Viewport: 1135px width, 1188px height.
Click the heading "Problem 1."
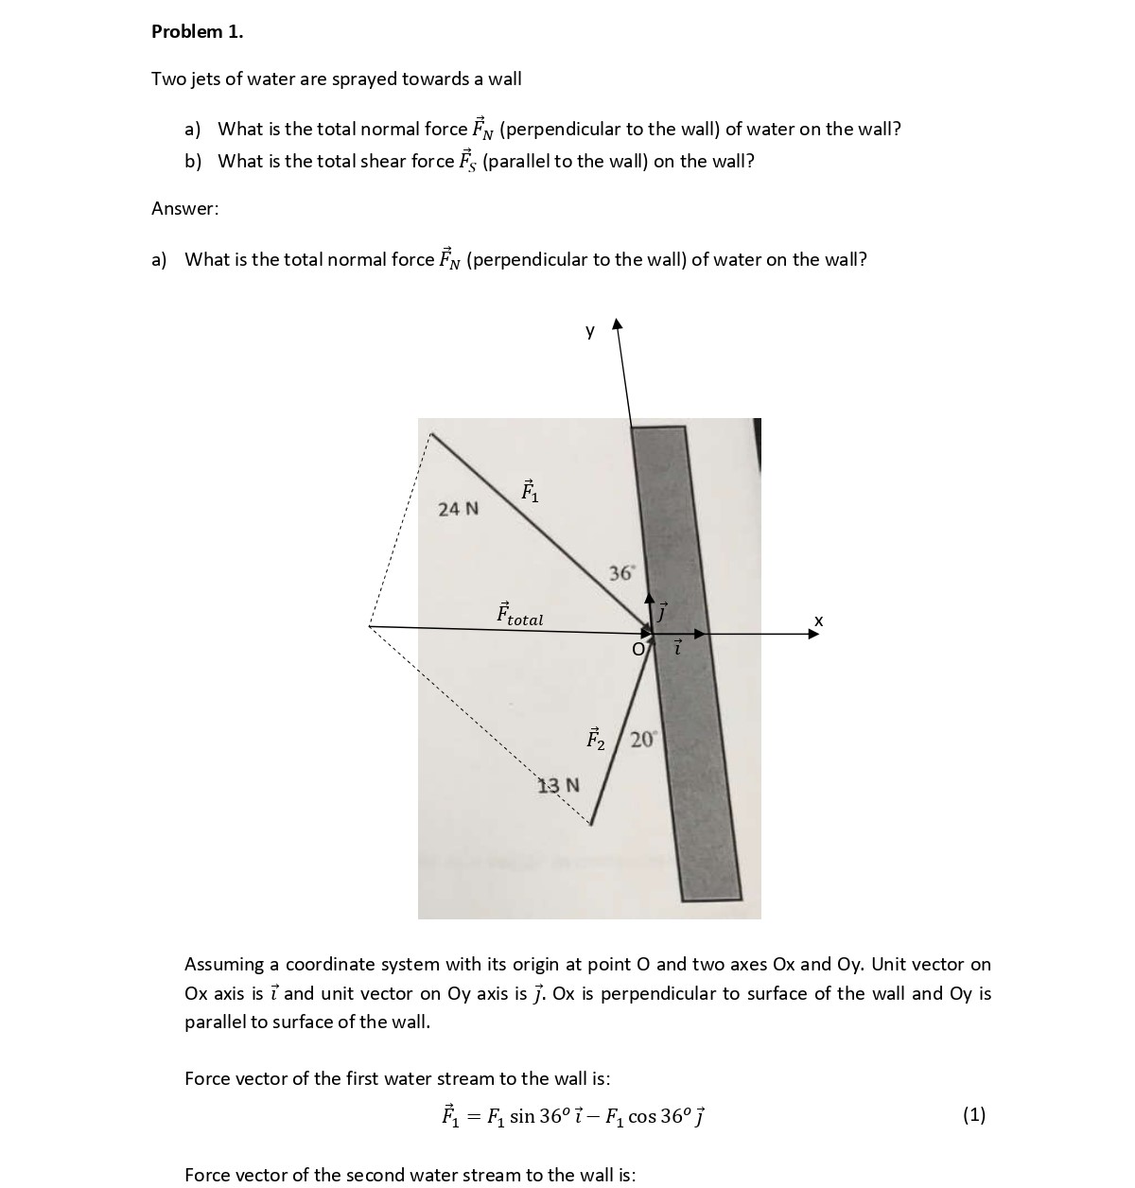pos(197,31)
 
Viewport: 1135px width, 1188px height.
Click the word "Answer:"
pos(184,208)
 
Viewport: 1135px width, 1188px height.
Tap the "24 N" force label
pos(458,509)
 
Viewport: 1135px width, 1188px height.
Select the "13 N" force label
pos(559,785)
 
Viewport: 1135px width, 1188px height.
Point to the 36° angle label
pos(622,572)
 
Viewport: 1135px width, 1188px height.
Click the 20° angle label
pos(643,740)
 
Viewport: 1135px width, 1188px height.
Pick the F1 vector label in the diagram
pos(530,491)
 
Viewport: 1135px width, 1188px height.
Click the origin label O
pos(638,650)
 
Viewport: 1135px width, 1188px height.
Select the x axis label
pos(819,620)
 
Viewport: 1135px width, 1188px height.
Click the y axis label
pos(590,331)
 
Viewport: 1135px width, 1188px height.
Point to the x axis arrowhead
pos(813,635)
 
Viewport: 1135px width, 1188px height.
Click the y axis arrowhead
pos(618,324)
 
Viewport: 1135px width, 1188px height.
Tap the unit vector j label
pos(663,613)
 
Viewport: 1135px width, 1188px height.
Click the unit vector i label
pos(677,648)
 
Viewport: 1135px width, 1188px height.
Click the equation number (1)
pos(974,1114)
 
